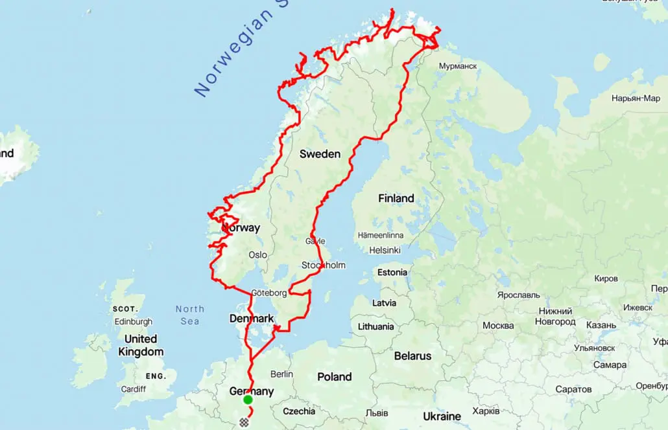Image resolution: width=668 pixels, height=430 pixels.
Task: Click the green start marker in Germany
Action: tap(248, 400)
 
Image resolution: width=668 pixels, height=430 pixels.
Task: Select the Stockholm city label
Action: tap(324, 265)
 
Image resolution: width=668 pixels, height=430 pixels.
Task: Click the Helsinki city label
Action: tap(385, 250)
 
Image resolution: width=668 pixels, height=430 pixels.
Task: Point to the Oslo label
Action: tap(257, 255)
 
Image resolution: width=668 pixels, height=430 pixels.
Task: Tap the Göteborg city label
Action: tap(268, 293)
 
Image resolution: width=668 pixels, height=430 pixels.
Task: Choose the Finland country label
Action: tap(396, 198)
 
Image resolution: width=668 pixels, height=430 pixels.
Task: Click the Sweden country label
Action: tap(320, 154)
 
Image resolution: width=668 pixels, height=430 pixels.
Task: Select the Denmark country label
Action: tap(252, 319)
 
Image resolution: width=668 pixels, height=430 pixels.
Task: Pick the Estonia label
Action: tap(392, 272)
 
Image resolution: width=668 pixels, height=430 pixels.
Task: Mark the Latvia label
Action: tap(384, 302)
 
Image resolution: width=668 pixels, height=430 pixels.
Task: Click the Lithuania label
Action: tap(376, 326)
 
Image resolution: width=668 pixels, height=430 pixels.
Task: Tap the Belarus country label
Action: tap(412, 356)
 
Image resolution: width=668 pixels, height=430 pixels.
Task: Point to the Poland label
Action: tap(335, 376)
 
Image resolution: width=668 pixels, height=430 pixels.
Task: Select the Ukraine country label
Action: tap(442, 416)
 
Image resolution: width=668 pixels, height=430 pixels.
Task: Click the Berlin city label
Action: tap(282, 374)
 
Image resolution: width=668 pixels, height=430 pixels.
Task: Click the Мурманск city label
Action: tap(458, 66)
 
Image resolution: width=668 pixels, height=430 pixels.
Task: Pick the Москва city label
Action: tap(498, 325)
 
